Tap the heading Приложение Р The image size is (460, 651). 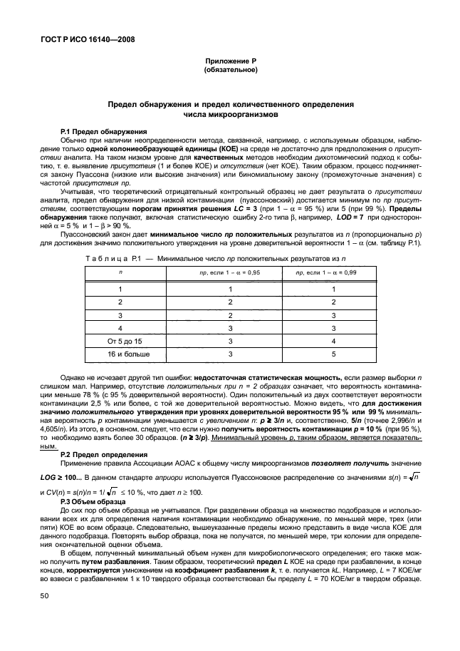click(230, 62)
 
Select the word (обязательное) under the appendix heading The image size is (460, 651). click(230, 71)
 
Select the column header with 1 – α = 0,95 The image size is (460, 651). click(229, 273)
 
